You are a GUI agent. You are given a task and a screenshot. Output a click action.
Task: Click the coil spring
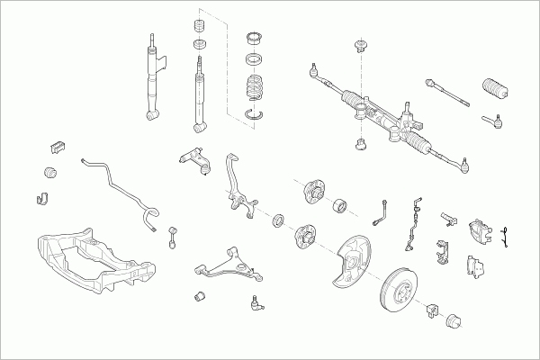[x=257, y=92]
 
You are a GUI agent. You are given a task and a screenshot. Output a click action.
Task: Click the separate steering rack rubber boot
[x=493, y=92]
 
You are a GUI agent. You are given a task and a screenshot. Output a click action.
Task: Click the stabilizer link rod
[x=173, y=237]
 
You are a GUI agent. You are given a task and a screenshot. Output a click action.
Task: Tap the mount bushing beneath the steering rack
[x=360, y=142]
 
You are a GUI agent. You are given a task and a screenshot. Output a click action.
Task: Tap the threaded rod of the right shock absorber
[x=198, y=67]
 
